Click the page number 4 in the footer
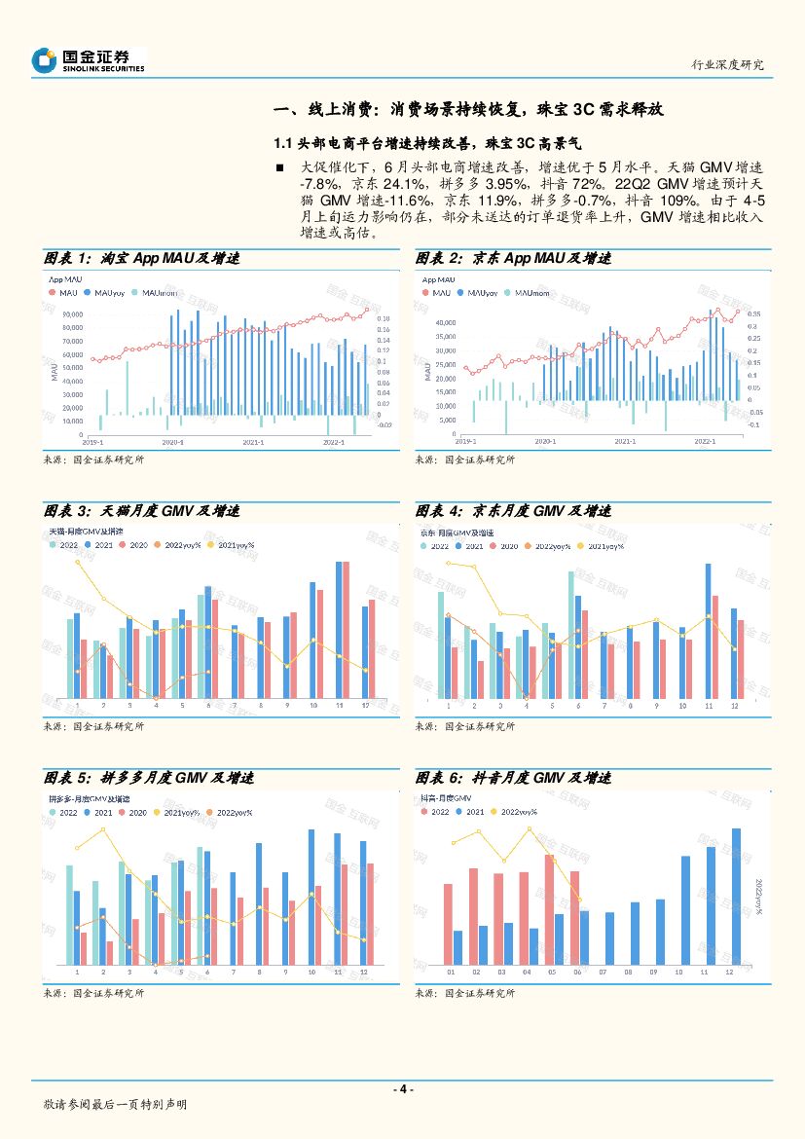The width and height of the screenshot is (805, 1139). (402, 1089)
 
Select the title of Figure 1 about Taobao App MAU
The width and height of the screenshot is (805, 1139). (142, 259)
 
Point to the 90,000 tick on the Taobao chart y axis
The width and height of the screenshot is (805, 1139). (71, 314)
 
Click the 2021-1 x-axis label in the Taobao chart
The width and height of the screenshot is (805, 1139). (254, 441)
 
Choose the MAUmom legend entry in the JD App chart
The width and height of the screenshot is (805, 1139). (526, 292)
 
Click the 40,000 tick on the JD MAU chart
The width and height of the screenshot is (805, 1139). (444, 322)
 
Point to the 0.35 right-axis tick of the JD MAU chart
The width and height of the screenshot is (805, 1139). (754, 314)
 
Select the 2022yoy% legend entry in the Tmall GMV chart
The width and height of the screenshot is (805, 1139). (182, 545)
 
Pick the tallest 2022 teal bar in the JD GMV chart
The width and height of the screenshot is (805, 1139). (571, 634)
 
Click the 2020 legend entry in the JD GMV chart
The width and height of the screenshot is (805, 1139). (506, 546)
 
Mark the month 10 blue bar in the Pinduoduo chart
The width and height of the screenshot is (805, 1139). (311, 896)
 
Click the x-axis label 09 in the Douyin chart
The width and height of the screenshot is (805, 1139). (653, 972)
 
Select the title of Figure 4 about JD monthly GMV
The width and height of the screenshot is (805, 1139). (513, 511)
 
